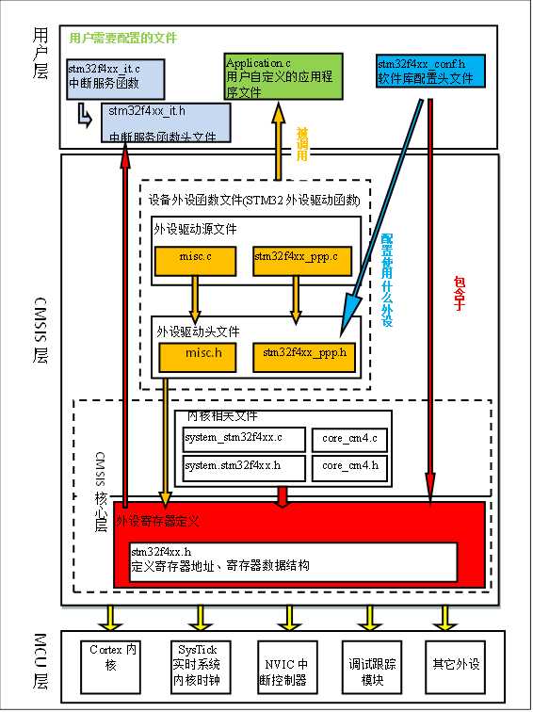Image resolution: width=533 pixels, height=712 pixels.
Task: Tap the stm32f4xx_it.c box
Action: tap(109, 77)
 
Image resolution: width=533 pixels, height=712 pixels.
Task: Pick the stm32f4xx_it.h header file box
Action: tap(166, 123)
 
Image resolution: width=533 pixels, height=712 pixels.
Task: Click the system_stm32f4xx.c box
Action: tap(244, 439)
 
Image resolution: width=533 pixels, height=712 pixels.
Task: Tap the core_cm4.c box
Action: tap(350, 439)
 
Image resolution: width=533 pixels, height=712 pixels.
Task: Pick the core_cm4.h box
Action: tap(350, 466)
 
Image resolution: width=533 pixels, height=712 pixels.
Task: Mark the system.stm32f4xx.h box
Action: tap(244, 466)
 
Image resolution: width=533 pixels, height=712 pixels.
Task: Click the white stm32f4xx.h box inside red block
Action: tap(293, 560)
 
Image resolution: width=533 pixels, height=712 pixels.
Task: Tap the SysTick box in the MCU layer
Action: tap(200, 665)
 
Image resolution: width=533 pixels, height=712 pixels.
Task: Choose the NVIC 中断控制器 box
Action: tap(285, 665)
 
